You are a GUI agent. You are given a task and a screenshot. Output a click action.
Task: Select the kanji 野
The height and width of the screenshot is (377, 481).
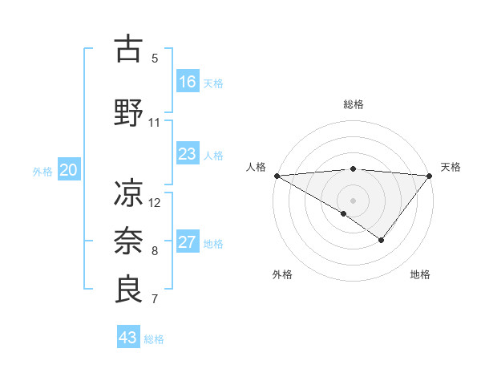coord(129,111)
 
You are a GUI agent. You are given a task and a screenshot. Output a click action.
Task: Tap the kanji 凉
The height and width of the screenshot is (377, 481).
coord(129,192)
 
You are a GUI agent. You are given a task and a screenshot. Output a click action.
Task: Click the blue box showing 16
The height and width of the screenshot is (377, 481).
coord(188,81)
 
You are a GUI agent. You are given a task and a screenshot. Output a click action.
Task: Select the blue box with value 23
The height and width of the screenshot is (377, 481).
coord(188,154)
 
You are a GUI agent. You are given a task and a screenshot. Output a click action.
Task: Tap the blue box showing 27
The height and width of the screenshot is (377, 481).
coord(188,242)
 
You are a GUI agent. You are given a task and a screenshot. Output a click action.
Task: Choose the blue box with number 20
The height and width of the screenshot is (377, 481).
coord(69,170)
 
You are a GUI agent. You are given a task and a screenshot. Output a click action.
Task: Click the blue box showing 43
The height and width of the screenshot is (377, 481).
coord(128,338)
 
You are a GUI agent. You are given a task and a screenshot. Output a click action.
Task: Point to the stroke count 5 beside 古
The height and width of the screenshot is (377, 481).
coord(155,59)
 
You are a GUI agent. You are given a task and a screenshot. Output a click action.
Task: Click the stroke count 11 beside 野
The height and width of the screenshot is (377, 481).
coord(155,123)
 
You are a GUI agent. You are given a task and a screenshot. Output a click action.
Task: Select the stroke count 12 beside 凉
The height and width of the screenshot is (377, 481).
coord(155,202)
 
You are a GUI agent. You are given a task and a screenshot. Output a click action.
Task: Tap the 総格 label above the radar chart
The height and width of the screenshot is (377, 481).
coord(353,104)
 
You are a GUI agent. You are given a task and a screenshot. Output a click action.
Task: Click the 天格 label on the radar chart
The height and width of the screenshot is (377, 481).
coord(451,167)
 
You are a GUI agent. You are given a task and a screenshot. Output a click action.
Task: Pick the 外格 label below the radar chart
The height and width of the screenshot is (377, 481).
coord(282,274)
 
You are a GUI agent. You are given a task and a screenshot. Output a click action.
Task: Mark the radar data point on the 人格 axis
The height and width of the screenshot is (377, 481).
coord(277,175)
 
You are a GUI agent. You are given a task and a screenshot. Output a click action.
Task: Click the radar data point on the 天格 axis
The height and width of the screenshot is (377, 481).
coord(430,175)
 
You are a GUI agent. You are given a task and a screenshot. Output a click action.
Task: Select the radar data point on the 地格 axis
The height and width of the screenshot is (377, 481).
coord(382,240)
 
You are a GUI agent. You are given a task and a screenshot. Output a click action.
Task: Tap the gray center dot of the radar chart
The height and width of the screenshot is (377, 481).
coord(353,200)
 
